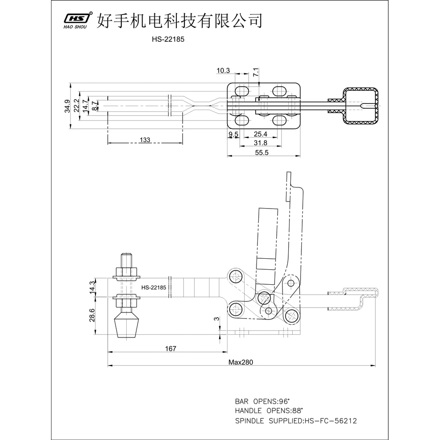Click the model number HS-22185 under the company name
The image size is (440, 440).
[168, 39]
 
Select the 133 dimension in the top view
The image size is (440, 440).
[145, 140]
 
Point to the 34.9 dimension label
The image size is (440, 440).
[67, 106]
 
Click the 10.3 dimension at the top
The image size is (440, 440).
[223, 70]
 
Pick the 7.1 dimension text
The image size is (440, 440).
[256, 72]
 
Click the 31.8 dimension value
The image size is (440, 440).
[260, 143]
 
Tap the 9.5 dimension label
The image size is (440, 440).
[233, 134]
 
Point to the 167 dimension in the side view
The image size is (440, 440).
[170, 348]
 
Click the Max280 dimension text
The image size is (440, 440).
[241, 362]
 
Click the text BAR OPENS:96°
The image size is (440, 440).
[263, 401]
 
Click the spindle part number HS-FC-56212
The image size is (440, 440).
[330, 421]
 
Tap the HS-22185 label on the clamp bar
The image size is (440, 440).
[154, 288]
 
